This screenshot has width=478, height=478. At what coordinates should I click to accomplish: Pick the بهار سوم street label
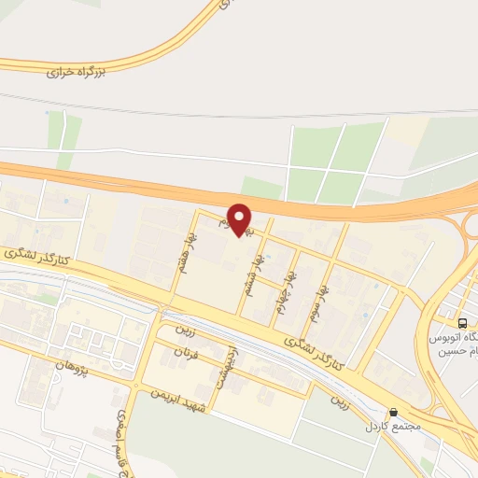(323, 301)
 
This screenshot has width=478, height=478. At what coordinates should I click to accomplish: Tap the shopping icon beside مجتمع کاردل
(394, 412)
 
